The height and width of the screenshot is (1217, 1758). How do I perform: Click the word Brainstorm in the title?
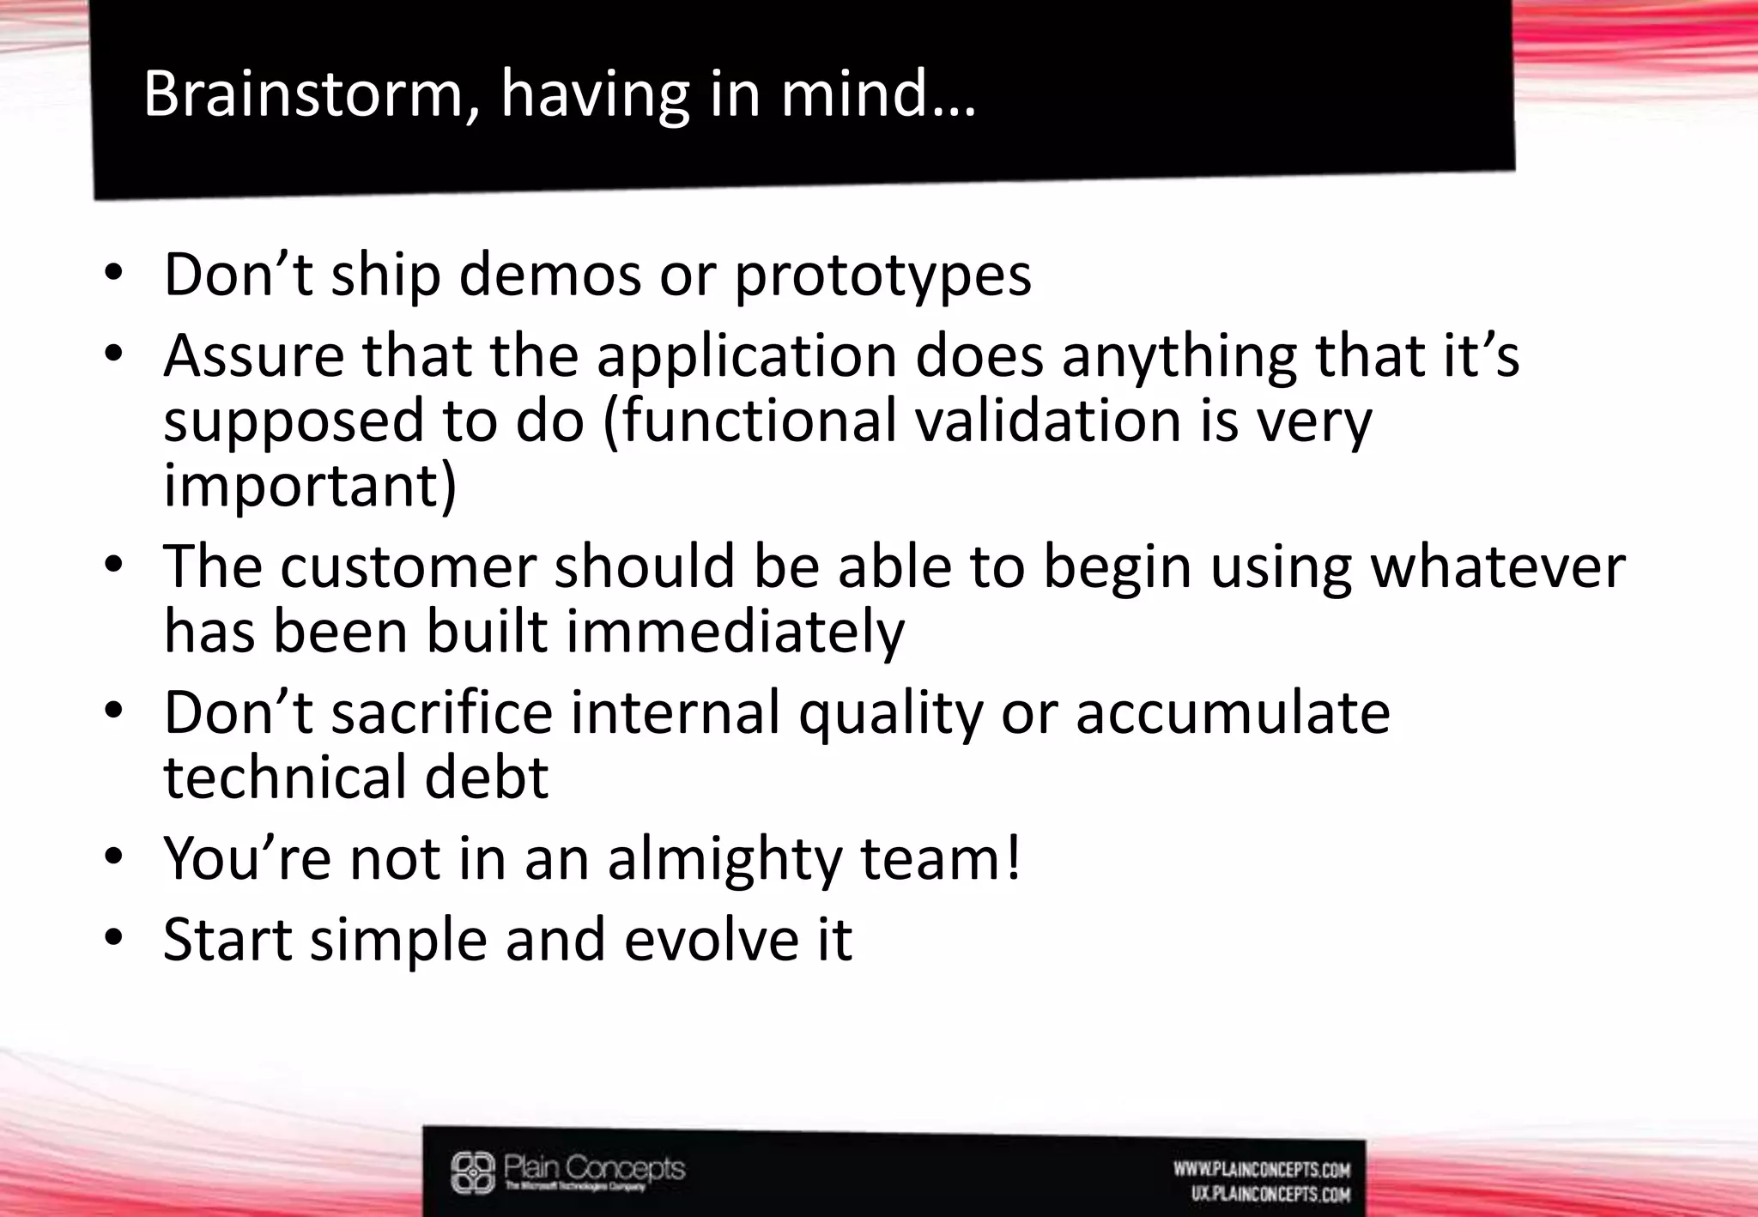304,94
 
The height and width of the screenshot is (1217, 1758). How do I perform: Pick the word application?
747,356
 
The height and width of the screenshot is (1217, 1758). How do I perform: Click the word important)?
310,486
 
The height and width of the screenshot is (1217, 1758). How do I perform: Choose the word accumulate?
1233,712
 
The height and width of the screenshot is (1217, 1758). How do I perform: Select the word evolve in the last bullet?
703,940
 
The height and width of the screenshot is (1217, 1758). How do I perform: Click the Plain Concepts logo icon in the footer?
473,1172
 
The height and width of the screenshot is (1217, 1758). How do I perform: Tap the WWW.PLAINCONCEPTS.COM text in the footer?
1262,1169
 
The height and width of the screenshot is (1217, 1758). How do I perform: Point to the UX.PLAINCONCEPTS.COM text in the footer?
1270,1194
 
